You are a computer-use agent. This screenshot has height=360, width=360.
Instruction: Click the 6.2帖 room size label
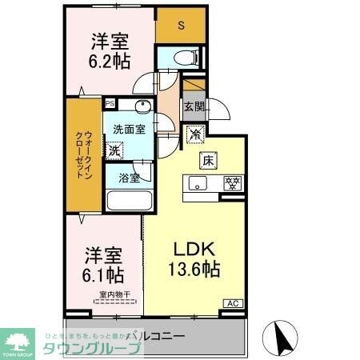pyautogui.click(x=110, y=63)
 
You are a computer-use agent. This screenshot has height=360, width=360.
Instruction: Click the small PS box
pyautogui.click(x=110, y=102)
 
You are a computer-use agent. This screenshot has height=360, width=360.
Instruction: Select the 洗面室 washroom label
pyautogui.click(x=128, y=129)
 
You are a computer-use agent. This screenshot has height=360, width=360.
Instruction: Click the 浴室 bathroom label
pyautogui.click(x=128, y=177)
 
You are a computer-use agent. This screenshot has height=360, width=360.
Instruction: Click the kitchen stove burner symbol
pyautogui.click(x=232, y=183)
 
